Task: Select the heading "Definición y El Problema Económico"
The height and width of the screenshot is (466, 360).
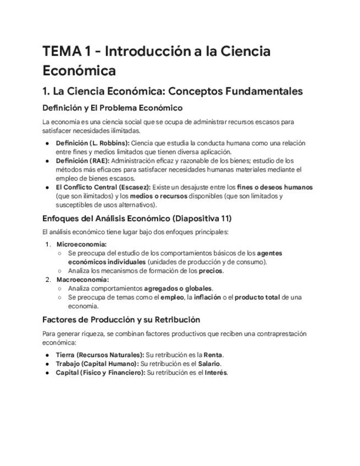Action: point(112,108)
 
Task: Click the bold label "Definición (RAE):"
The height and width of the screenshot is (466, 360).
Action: point(82,161)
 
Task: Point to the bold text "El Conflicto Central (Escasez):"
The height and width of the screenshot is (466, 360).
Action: point(103,187)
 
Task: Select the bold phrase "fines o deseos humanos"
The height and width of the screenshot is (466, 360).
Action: point(275,187)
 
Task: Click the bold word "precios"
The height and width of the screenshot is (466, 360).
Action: point(211,271)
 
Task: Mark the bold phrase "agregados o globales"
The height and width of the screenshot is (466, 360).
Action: point(178,289)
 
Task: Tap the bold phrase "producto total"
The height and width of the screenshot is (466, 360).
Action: point(257,297)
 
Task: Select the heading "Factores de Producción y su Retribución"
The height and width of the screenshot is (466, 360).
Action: point(121,320)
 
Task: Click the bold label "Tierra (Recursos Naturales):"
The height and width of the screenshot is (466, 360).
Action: point(99,355)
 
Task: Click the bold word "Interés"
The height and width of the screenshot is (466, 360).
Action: point(215,373)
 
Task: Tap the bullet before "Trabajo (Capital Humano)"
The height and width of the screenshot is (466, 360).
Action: point(48,364)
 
